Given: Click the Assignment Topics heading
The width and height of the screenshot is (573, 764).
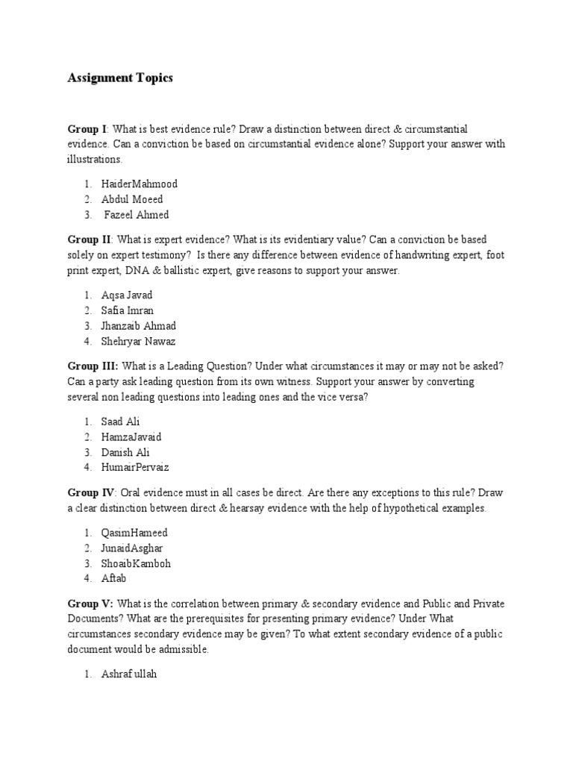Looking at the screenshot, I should click(120, 78).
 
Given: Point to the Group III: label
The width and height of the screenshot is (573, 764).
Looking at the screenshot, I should click(93, 366).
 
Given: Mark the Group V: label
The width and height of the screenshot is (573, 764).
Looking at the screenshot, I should click(91, 603).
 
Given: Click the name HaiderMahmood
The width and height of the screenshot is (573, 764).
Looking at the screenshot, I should click(140, 184).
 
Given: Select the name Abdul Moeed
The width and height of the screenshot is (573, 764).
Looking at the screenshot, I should click(132, 199).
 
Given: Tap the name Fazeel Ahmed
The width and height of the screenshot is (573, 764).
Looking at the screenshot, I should click(137, 215).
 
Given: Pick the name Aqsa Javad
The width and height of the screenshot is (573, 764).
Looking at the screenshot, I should click(127, 295).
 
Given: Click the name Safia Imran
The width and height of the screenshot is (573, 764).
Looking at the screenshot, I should click(128, 310).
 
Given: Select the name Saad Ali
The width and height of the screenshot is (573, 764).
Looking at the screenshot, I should click(120, 422).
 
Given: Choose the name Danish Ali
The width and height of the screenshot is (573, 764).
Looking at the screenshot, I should click(125, 452).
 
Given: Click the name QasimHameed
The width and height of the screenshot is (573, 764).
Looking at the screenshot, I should click(134, 533).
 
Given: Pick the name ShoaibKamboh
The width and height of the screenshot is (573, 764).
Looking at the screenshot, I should click(136, 563).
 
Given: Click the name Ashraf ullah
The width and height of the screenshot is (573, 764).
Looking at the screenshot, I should click(130, 674).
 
